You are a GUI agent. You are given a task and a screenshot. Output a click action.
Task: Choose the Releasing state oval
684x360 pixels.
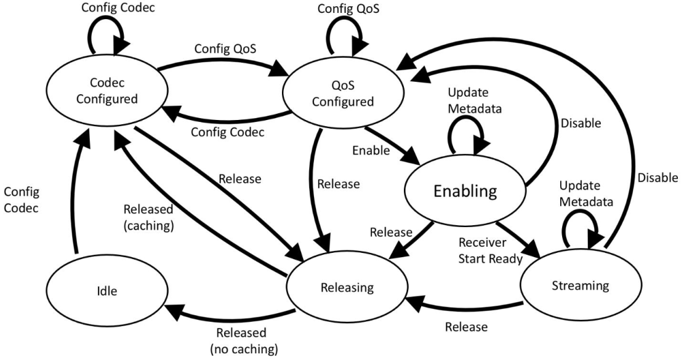coord(346,286)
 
